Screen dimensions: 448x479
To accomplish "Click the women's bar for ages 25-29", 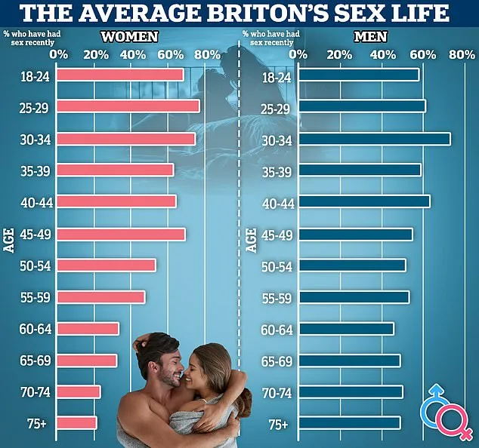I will (x=128, y=106).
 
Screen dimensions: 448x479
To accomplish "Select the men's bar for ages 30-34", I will (x=374, y=139).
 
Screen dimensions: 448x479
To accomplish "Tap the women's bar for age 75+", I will (x=77, y=423).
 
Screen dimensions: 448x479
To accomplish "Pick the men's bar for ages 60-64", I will (x=346, y=329).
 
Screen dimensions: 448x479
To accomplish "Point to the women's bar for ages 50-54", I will (x=107, y=265).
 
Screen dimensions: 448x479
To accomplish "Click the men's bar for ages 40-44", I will (x=364, y=201).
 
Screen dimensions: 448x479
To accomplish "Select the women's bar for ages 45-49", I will (x=121, y=235).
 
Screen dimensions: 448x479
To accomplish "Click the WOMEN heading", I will (x=130, y=36).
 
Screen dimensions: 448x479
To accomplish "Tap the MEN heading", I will (x=370, y=36).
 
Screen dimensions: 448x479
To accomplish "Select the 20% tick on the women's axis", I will (x=96, y=54).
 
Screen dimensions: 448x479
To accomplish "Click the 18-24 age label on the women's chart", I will (x=36, y=75).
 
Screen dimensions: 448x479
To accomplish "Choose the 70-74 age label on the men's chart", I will (x=277, y=392).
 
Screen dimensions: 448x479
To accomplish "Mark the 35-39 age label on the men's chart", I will (x=277, y=170).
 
